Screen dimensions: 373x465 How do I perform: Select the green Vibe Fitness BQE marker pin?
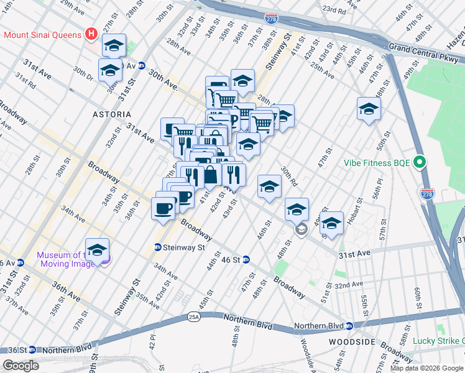click(x=420, y=163)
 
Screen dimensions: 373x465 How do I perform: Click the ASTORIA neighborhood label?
click(x=112, y=114)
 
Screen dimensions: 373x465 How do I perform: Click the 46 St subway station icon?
click(x=246, y=259)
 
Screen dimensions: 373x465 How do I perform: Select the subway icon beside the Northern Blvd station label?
click(x=349, y=326)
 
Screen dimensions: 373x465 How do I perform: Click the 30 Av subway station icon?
click(x=142, y=66)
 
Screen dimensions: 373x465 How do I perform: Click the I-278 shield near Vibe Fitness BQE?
click(x=426, y=193)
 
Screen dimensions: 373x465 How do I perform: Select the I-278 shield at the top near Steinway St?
click(x=270, y=20)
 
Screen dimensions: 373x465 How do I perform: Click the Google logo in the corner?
click(x=21, y=366)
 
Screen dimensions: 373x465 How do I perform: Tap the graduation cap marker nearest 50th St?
click(x=369, y=109)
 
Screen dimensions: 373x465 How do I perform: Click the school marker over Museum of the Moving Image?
click(x=97, y=250)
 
